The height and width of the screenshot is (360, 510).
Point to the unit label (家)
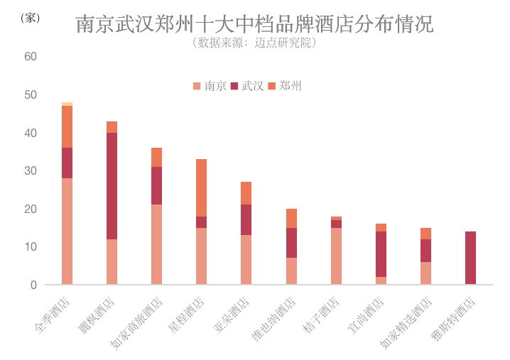[29, 18]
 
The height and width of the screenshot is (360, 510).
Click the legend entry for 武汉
[248, 86]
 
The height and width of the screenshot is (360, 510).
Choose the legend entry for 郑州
[286, 86]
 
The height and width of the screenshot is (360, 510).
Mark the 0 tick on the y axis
[33, 285]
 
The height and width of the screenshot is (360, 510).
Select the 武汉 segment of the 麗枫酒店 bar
[112, 186]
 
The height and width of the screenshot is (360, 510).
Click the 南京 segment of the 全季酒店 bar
[67, 231]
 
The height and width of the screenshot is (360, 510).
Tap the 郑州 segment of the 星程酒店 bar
[201, 187]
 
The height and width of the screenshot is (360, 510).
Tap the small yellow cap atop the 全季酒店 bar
[67, 104]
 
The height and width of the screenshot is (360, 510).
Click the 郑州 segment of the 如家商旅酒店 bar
[156, 157]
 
